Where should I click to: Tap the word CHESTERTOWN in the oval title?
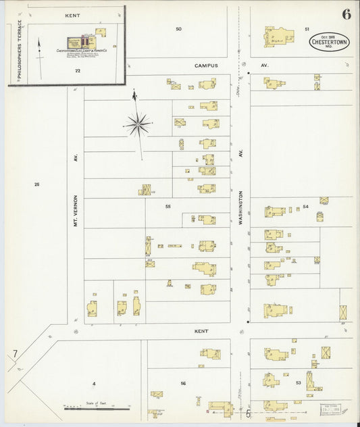point(330,41)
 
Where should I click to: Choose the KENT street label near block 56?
point(201,331)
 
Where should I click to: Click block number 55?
point(168,205)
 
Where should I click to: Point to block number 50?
point(178,29)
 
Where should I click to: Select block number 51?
point(306,29)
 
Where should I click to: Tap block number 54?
point(305,206)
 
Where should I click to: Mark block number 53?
point(298,382)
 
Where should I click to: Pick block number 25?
point(37,184)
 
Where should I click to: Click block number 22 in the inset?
point(78,70)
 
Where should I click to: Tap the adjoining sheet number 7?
point(15,354)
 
